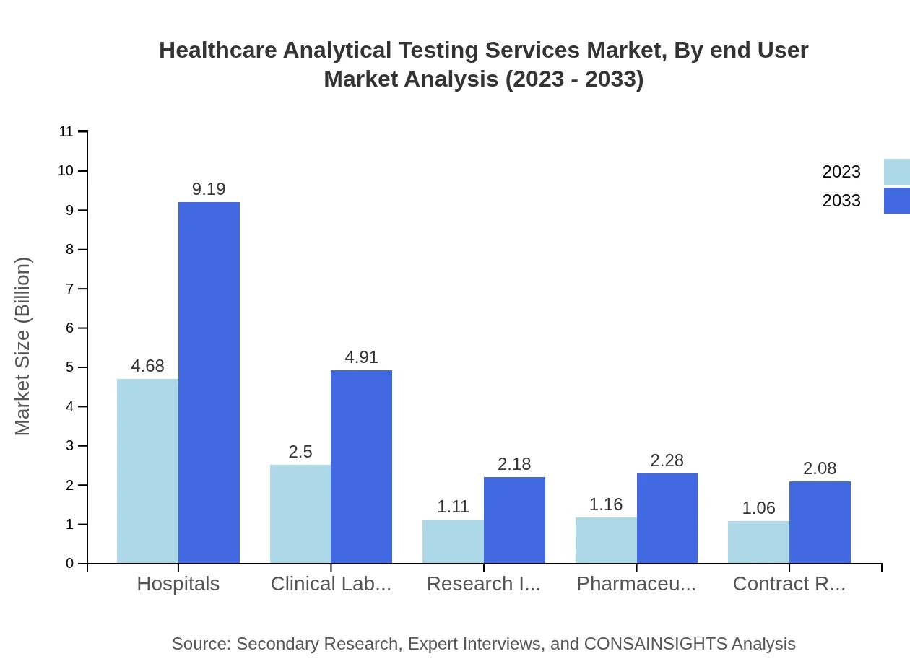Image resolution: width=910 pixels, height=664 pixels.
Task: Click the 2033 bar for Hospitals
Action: point(209,383)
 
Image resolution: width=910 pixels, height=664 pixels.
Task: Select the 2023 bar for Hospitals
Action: point(147,471)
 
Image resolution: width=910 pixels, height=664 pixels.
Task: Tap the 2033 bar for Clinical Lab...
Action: point(361,466)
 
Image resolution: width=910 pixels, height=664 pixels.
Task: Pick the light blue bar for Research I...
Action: point(453,541)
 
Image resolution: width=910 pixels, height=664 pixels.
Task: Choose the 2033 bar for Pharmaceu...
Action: point(667,518)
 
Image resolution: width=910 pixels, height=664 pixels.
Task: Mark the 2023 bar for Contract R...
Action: point(758,542)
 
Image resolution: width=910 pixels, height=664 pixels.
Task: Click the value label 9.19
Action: point(209,189)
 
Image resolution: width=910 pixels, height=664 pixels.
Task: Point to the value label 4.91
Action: point(361,357)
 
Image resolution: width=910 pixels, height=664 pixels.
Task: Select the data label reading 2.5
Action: point(300,452)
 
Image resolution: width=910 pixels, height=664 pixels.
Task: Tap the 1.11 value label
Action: point(453,507)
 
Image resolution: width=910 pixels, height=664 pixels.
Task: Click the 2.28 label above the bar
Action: point(667,460)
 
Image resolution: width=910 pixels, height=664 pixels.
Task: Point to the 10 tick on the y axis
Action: point(66,171)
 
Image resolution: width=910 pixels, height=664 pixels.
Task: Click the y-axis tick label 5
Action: point(70,367)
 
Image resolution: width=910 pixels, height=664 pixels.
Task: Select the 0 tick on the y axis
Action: point(70,564)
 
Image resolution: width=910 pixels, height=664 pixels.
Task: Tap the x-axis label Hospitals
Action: point(178,584)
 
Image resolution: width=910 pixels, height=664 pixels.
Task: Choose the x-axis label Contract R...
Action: point(789,584)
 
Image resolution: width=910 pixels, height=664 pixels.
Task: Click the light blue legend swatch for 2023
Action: point(896,172)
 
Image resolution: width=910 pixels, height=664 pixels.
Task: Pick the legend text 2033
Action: point(841,201)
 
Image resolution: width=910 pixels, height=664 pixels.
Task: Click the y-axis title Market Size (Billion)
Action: point(23,346)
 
